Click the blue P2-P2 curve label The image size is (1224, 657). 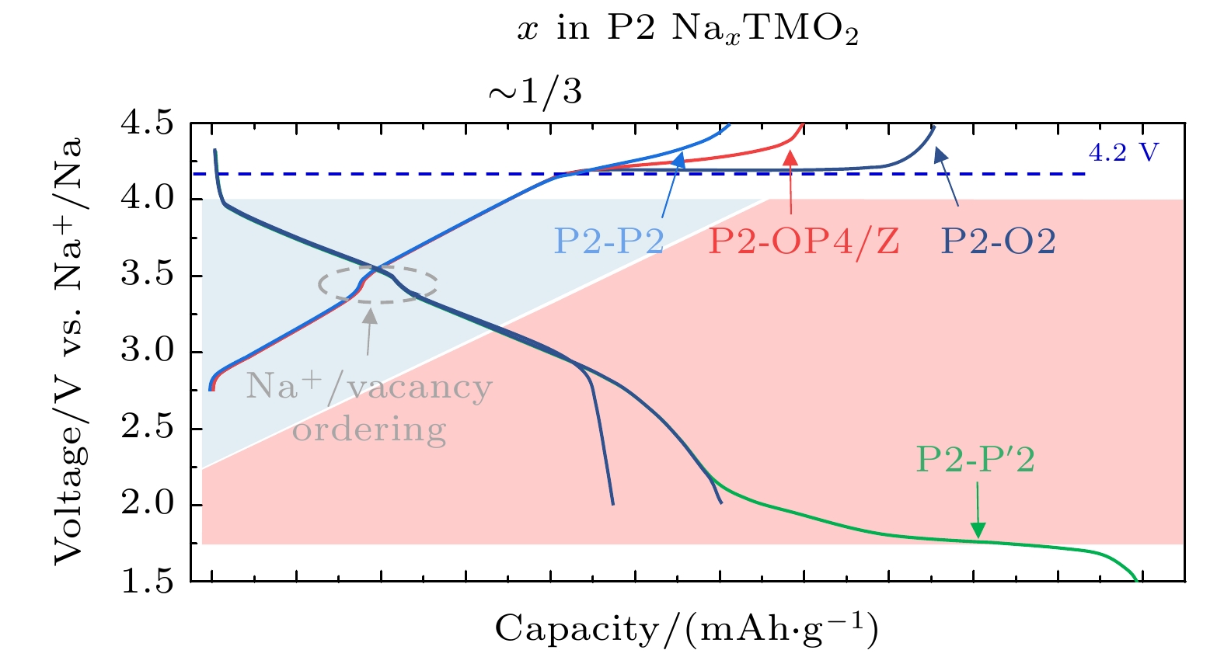click(x=609, y=242)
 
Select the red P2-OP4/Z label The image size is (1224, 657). click(x=804, y=242)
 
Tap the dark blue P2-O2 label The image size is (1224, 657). click(x=999, y=242)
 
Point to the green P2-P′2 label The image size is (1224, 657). click(x=975, y=460)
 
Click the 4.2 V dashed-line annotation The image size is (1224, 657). click(x=1123, y=153)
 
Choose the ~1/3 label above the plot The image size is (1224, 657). click(x=535, y=92)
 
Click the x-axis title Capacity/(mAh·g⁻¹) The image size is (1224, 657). click(x=686, y=629)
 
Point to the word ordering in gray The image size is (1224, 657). click(x=369, y=429)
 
